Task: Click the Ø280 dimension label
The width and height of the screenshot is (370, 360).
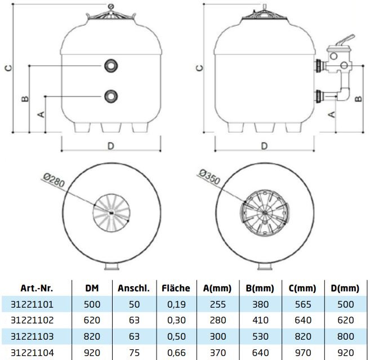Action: [x=54, y=180]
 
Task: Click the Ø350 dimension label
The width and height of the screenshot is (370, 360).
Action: [x=209, y=177]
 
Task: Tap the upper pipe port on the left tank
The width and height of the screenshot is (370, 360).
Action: [x=111, y=66]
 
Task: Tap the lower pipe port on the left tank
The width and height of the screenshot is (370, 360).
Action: [x=111, y=96]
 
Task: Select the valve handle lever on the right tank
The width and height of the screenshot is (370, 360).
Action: [x=346, y=39]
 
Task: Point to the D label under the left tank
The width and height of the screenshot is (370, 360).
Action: [x=111, y=146]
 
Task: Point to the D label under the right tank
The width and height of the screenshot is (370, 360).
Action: [x=264, y=146]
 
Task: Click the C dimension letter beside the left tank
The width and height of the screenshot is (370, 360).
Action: [x=8, y=68]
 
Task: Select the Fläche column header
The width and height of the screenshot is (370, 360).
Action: [x=176, y=288]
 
